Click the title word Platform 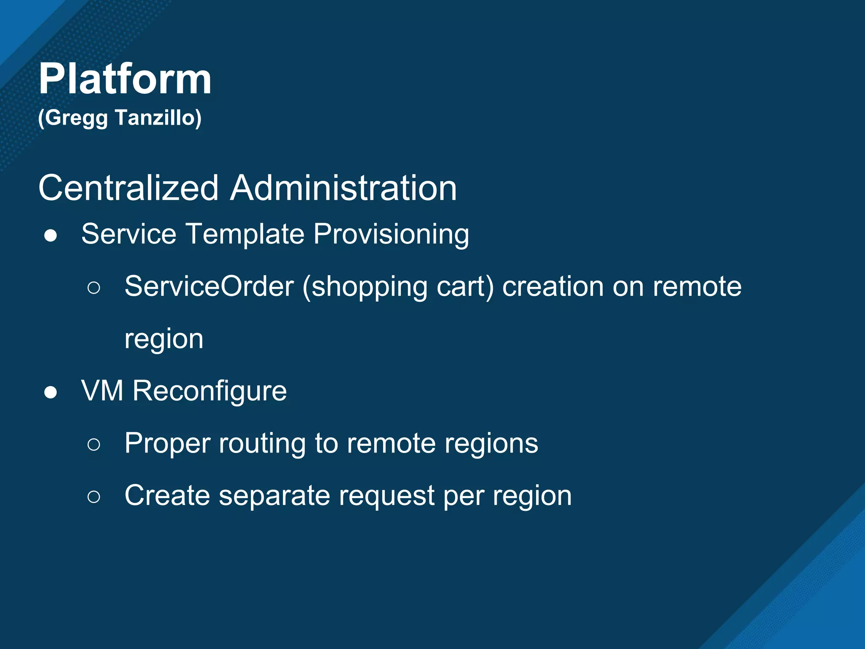click(125, 79)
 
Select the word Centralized click(128, 188)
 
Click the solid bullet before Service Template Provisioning click(51, 236)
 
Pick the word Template click(245, 234)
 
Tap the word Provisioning click(391, 235)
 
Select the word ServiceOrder click(209, 287)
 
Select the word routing click(262, 444)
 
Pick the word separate click(274, 496)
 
